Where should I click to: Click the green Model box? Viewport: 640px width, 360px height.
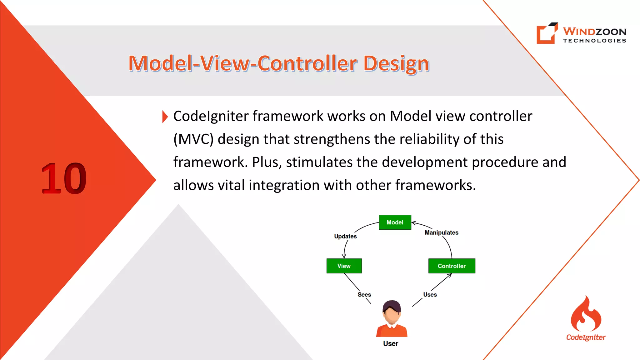[395, 222]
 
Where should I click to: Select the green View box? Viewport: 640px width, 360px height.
[344, 266]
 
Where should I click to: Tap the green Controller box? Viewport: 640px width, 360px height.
[452, 266]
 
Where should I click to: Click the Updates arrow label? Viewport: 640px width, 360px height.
[345, 236]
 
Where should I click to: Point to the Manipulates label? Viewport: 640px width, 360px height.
[441, 232]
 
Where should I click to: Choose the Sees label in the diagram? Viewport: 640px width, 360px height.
[364, 294]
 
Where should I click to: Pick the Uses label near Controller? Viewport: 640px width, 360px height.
[430, 294]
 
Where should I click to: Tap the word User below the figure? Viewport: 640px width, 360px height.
[391, 343]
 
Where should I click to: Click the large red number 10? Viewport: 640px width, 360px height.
[64, 178]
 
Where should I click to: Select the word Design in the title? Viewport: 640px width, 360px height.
[396, 63]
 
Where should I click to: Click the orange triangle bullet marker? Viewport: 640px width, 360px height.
[165, 117]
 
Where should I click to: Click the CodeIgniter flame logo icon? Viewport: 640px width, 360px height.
[586, 314]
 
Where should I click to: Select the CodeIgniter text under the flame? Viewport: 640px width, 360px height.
[586, 337]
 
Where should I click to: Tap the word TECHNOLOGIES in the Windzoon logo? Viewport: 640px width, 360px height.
[595, 41]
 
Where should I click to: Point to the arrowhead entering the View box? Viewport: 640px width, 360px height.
[344, 257]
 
